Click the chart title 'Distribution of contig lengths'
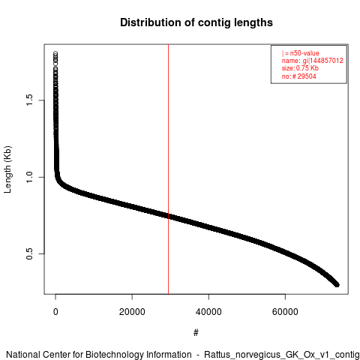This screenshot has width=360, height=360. point(196,22)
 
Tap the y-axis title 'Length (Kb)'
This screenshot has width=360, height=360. point(7,169)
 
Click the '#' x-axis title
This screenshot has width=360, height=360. point(196,332)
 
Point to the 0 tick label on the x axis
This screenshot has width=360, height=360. point(55,312)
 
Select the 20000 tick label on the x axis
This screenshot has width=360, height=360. point(132,312)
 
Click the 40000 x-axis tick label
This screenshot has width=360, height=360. point(208,312)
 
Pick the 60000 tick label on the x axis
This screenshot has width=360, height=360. point(285,312)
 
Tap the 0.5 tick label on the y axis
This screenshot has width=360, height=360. point(29,253)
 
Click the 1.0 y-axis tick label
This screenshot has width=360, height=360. point(29,177)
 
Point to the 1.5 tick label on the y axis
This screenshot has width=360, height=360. point(29,100)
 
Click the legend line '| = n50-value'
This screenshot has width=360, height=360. point(301,53)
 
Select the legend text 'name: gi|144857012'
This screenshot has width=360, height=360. point(313,61)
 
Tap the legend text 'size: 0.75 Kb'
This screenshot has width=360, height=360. point(300,68)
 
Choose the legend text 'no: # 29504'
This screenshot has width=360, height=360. point(299,76)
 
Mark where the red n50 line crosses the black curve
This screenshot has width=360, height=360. point(169,216)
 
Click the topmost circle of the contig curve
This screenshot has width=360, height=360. point(55,53)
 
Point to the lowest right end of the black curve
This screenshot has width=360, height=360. point(337,285)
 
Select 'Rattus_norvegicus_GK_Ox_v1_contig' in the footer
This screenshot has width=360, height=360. point(282,355)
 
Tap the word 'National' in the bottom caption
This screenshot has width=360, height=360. point(22,355)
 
